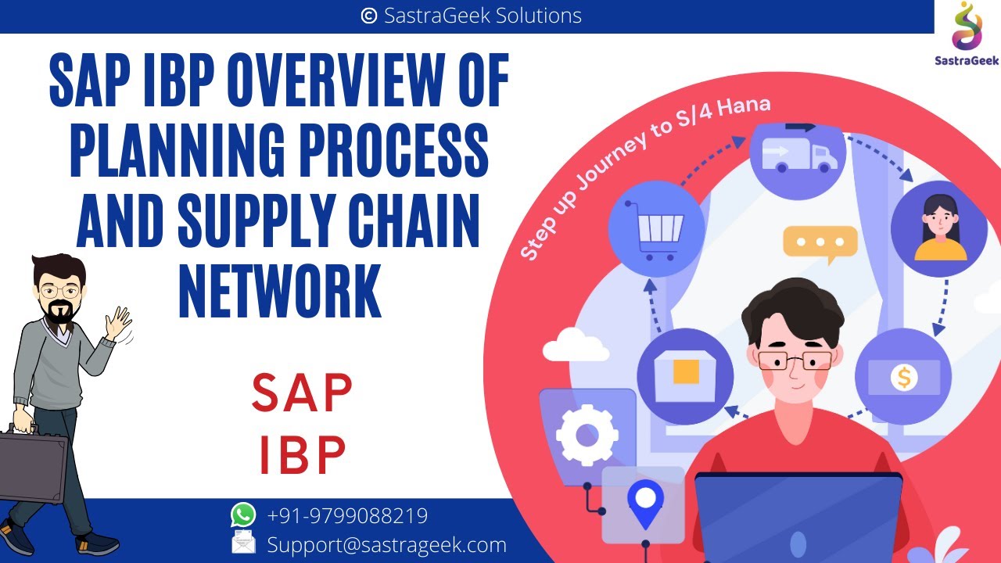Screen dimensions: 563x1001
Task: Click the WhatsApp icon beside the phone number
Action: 243,515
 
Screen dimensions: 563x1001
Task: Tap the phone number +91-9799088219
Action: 347,516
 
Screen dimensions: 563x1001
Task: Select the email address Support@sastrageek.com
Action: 386,545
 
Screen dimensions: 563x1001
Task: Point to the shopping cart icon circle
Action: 657,228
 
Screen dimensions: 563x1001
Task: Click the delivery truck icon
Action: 798,153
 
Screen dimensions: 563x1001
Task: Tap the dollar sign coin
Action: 904,378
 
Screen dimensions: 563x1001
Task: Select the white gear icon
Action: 587,432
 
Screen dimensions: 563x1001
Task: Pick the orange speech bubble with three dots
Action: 820,243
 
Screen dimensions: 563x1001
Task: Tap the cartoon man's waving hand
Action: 118,322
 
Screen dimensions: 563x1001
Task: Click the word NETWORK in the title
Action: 280,291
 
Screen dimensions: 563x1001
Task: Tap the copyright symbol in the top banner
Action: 369,16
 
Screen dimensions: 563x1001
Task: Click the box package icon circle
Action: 685,376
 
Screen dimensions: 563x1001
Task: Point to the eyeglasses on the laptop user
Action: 794,360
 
